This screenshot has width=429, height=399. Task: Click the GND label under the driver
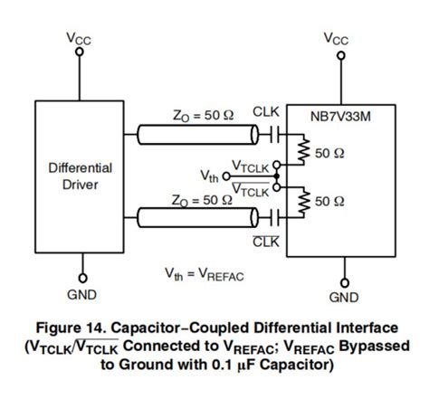coord(81,294)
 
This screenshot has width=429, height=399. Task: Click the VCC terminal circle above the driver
coord(80,52)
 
